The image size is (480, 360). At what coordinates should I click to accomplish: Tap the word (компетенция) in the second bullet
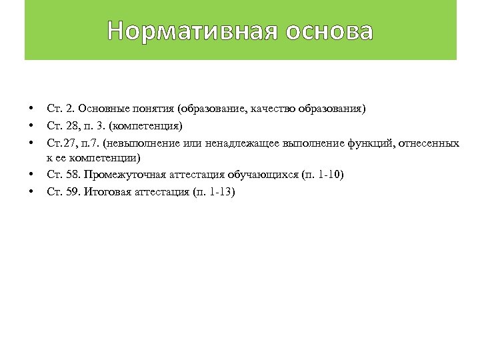click(146, 125)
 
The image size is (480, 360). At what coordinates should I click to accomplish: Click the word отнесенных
click(433, 142)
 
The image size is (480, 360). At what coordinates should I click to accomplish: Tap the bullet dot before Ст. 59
click(31, 192)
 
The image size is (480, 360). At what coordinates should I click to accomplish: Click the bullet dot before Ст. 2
click(31, 108)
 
